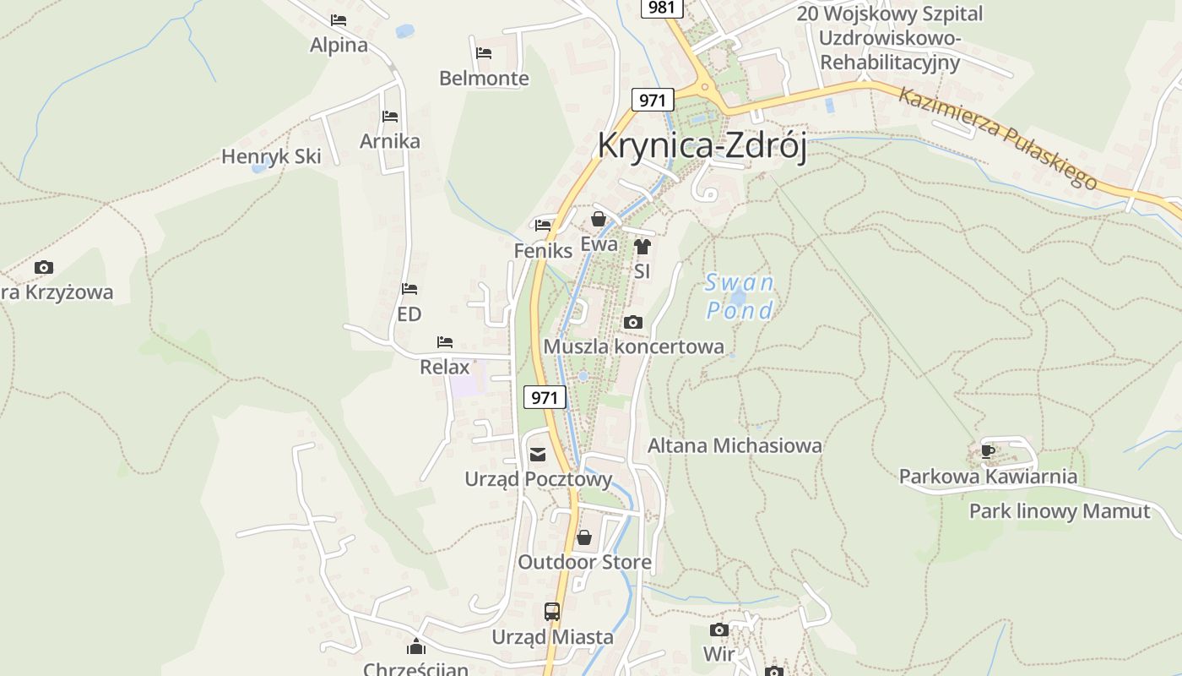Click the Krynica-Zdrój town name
(x=702, y=144)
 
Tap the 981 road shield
(x=662, y=8)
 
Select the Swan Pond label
(x=740, y=297)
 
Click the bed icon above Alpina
(x=339, y=20)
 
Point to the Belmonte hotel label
(x=484, y=79)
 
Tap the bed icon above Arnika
(x=389, y=116)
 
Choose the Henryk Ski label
(x=271, y=156)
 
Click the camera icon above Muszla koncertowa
(x=632, y=322)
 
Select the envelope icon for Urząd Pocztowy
(x=538, y=455)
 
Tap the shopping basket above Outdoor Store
(x=583, y=537)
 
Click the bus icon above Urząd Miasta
(x=551, y=611)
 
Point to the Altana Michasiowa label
(x=735, y=445)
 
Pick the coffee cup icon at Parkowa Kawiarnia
(x=987, y=451)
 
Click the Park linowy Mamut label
(x=1059, y=511)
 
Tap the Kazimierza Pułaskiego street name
(x=997, y=137)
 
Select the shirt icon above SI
(x=642, y=247)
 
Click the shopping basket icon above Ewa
(x=599, y=220)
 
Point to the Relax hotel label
(x=444, y=368)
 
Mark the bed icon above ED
(x=409, y=289)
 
